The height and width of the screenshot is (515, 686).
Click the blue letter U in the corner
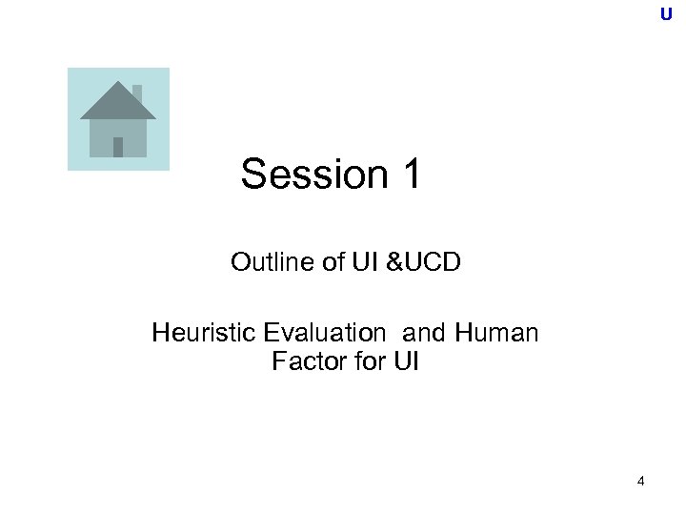tap(665, 14)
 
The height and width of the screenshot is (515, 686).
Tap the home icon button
tap(118, 119)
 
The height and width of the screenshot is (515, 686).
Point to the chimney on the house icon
tap(137, 93)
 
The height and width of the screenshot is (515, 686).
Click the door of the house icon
tap(118, 147)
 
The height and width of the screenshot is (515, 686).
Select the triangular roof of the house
tap(117, 102)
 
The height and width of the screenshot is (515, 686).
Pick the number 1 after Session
tap(410, 175)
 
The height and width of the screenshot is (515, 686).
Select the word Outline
tap(272, 262)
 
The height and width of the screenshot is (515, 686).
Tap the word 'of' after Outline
tap(334, 262)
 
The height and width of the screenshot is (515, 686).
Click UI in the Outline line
tap(365, 262)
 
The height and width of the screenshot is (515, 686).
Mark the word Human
tap(496, 334)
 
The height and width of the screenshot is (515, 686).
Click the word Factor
tap(303, 362)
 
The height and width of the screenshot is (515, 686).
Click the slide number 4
tap(640, 482)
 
